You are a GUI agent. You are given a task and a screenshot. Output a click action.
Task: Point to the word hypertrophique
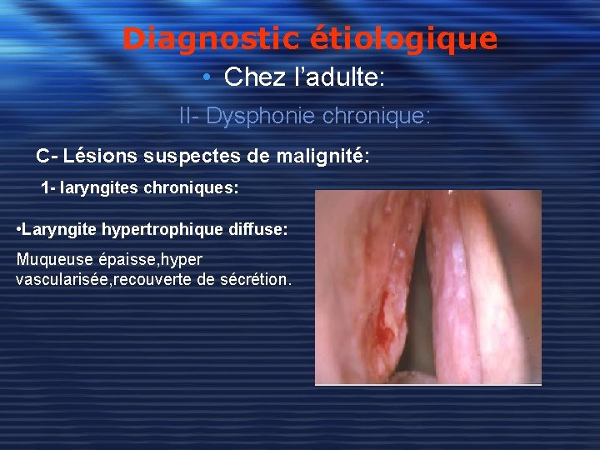[x=174, y=228]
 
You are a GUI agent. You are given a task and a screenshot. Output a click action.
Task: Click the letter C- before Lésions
[x=46, y=156]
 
